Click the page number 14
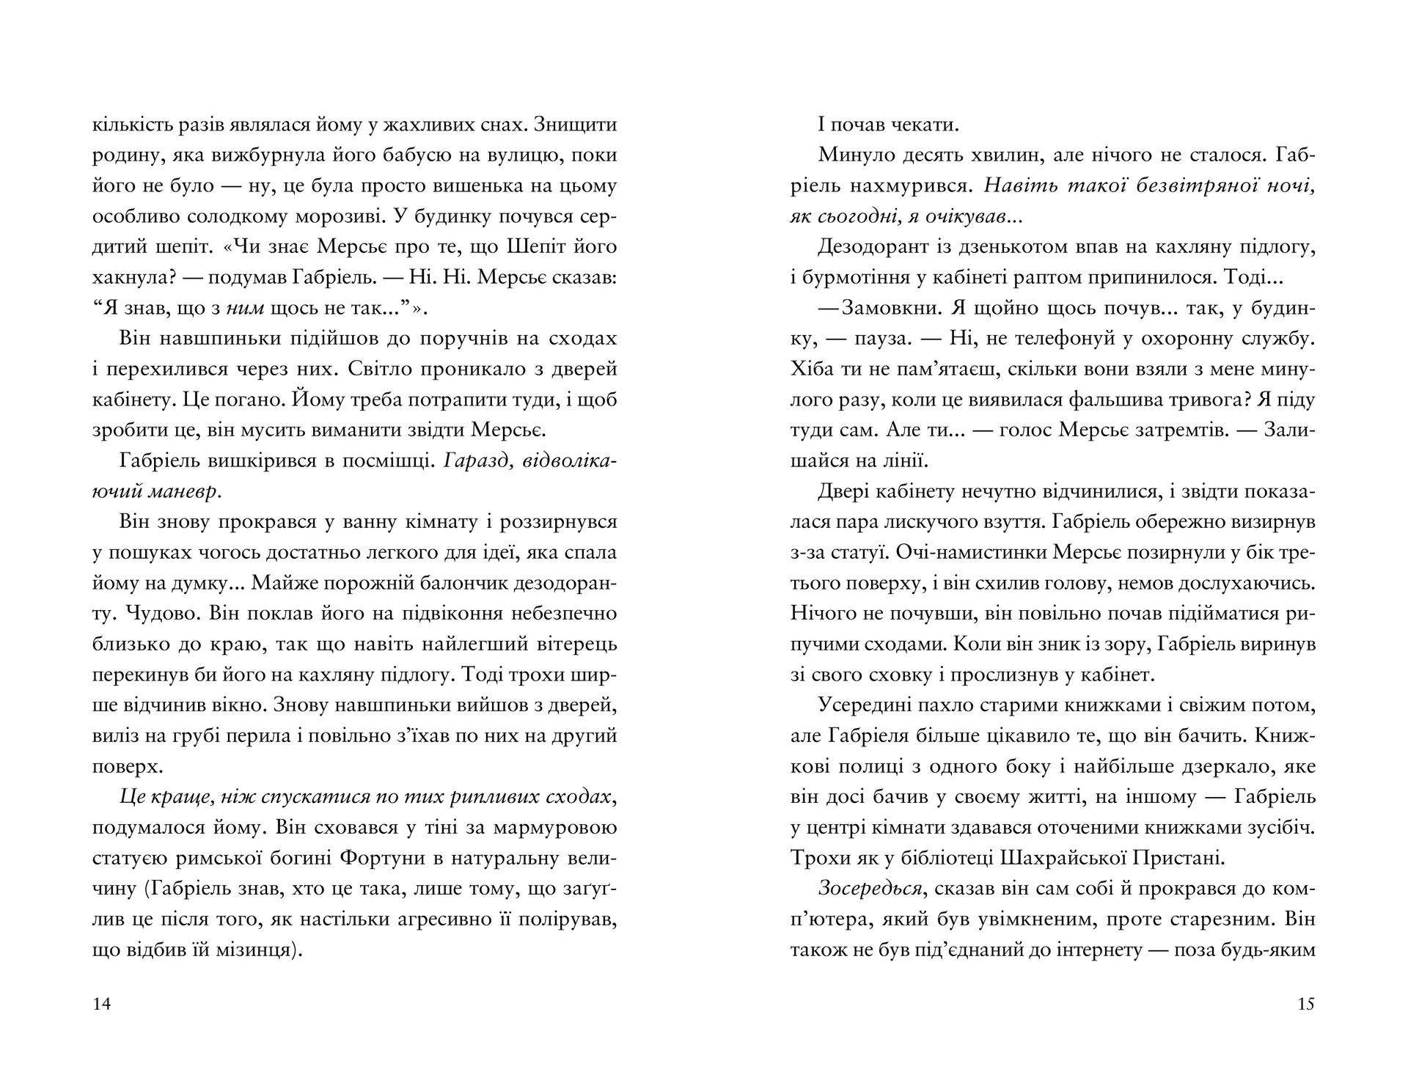coord(102,1004)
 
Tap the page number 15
coord(1306,1004)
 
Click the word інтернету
coord(1096,950)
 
